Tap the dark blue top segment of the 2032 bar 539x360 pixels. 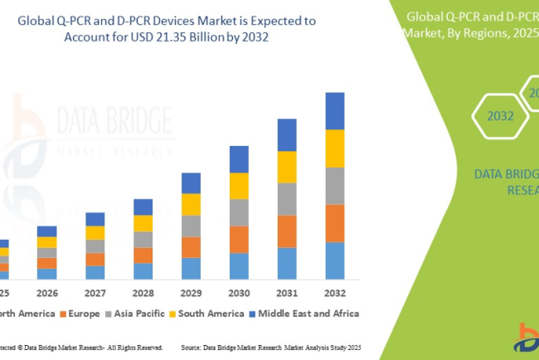334,110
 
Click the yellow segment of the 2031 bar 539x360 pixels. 287,167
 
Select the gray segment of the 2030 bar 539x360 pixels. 239,212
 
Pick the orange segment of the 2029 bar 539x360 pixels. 191,247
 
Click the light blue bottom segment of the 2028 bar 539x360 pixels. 143,270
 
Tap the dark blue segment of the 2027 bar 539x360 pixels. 95,219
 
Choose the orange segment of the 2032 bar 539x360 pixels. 334,222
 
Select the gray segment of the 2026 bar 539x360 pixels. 47,253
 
